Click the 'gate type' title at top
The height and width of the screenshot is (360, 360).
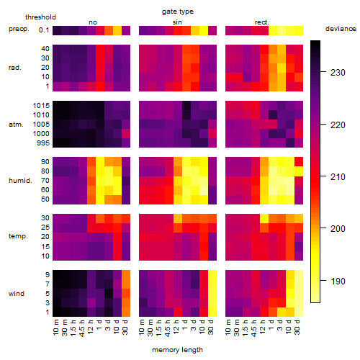click(x=178, y=12)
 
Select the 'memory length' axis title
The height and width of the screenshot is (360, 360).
click(x=177, y=350)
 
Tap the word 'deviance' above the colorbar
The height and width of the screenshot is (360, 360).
click(x=341, y=29)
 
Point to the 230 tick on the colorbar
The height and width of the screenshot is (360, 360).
click(x=323, y=72)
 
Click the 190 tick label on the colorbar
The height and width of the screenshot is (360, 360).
click(x=338, y=281)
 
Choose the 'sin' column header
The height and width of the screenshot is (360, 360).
click(x=177, y=22)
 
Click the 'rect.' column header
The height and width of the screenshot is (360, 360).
click(x=262, y=22)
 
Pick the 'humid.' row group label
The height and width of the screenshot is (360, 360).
click(x=20, y=181)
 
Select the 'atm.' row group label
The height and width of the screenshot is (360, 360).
click(x=16, y=125)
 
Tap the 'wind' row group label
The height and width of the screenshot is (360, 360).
click(x=17, y=294)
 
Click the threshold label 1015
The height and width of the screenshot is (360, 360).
click(x=41, y=106)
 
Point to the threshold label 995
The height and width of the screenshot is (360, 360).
click(x=43, y=143)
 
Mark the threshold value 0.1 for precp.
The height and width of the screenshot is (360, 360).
click(x=44, y=30)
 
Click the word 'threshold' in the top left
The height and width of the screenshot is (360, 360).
click(x=40, y=17)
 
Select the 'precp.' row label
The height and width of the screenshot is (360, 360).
click(x=19, y=29)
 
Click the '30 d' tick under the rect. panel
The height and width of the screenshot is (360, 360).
click(x=297, y=327)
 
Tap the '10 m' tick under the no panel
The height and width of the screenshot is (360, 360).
click(x=56, y=327)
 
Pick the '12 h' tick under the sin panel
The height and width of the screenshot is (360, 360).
click(x=176, y=327)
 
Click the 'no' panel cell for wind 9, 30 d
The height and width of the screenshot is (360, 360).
click(x=126, y=275)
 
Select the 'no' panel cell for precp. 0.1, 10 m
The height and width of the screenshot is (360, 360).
click(x=57, y=30)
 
